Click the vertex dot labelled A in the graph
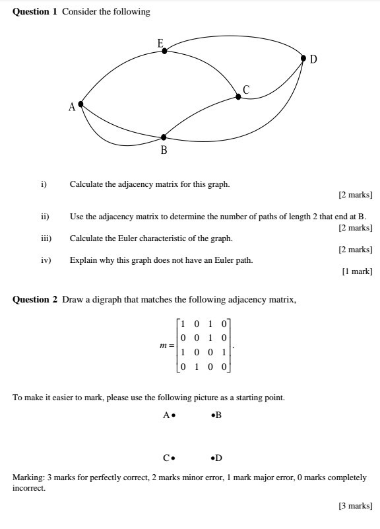point(80,104)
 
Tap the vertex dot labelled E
point(164,50)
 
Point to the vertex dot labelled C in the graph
point(238,96)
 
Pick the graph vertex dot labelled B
point(164,137)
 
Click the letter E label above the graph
point(160,43)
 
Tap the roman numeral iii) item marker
point(46,238)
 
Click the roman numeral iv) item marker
point(46,260)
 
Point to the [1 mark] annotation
point(357,271)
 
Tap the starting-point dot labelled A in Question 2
point(174,416)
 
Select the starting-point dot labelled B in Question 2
point(212,416)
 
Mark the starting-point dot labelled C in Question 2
point(174,457)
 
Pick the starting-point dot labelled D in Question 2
point(212,457)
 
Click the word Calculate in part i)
point(86,184)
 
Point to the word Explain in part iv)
point(84,260)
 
